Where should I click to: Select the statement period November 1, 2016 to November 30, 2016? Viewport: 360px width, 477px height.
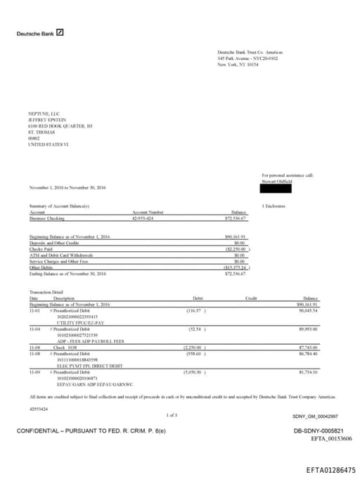tap(67, 187)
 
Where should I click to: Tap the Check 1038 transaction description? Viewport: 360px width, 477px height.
tap(65, 347)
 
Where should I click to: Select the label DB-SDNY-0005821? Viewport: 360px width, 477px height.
tap(318, 431)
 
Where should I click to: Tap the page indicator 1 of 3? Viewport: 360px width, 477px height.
tap(172, 416)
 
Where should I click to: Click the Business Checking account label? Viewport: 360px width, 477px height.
tap(46, 219)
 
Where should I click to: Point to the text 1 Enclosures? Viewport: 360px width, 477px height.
tap(273, 205)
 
